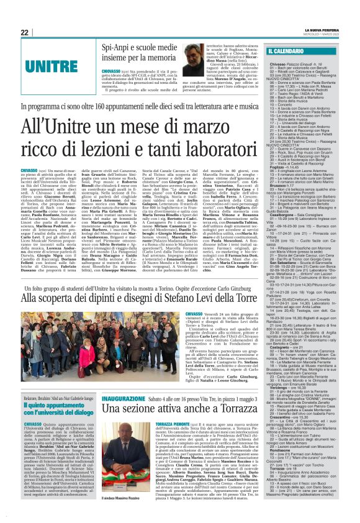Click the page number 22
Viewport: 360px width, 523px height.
point(24,32)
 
